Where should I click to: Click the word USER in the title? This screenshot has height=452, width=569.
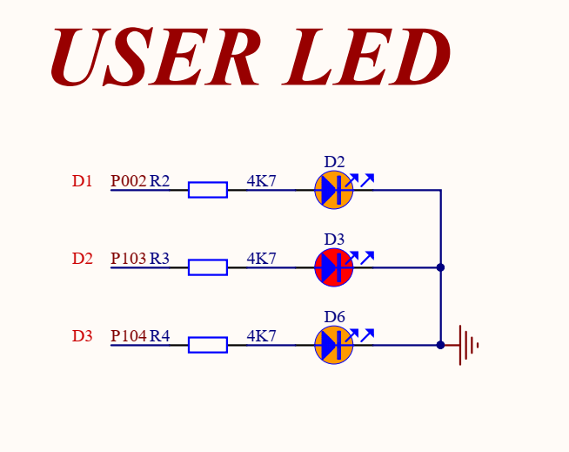(156, 57)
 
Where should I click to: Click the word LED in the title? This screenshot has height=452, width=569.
(366, 57)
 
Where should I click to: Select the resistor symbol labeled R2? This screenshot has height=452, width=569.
(208, 190)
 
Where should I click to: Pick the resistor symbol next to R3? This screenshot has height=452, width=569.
(208, 267)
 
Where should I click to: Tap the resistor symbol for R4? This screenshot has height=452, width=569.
(208, 345)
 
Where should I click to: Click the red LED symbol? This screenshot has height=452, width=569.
(334, 267)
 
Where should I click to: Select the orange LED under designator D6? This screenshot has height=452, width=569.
(334, 345)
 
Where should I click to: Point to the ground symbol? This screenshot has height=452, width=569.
(466, 345)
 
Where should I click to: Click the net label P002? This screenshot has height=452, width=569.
(129, 181)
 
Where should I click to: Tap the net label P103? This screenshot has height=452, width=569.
(129, 259)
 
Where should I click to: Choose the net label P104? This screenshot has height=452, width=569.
(129, 336)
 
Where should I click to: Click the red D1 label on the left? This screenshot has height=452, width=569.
(83, 181)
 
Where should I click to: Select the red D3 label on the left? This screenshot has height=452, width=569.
(83, 336)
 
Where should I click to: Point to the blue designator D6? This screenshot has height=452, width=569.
(334, 317)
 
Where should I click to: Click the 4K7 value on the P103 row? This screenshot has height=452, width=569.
(261, 259)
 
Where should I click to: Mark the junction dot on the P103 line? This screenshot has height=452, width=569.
(440, 267)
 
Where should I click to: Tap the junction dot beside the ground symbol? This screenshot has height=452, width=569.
(440, 345)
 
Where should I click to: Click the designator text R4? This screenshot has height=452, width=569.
(160, 336)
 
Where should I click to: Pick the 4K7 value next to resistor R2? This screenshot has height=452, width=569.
(261, 181)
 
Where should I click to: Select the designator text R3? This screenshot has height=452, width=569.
(160, 259)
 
